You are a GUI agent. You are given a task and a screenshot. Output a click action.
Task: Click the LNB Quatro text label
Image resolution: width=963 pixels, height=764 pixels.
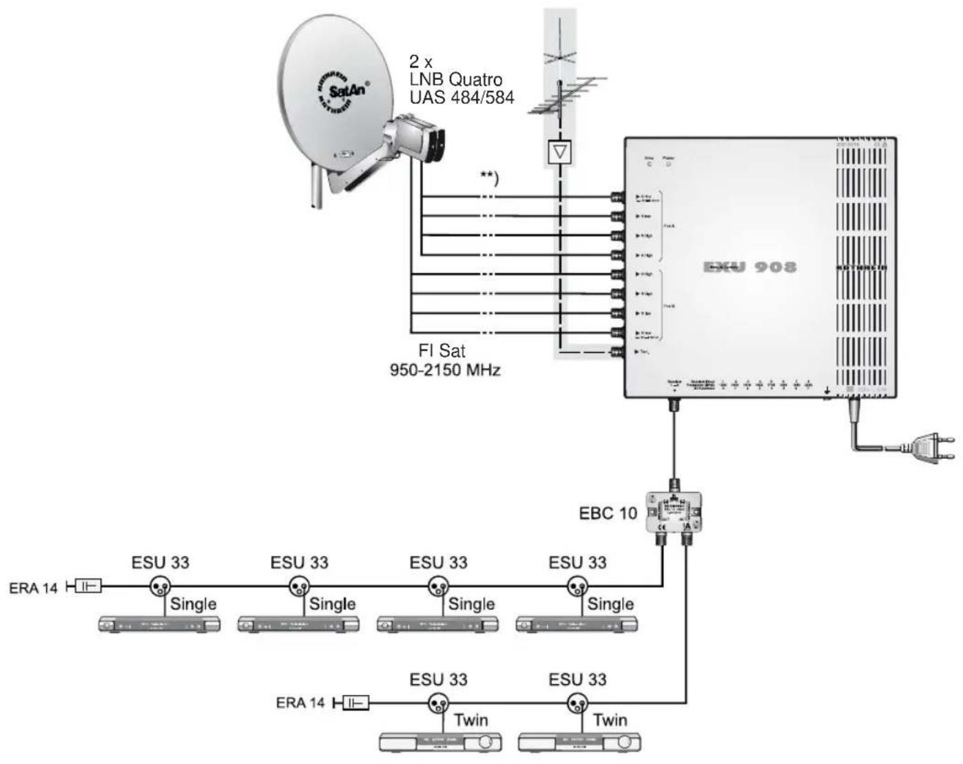coord(455,79)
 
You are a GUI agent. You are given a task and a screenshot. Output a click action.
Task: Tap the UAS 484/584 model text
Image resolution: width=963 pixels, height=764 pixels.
coord(462,97)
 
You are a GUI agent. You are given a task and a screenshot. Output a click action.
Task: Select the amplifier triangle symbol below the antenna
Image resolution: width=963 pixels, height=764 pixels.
coord(560,152)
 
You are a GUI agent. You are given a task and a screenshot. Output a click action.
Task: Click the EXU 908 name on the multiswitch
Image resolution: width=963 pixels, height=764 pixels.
coord(750,267)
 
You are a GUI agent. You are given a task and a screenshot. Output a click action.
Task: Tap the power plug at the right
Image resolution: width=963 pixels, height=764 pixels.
coord(930,447)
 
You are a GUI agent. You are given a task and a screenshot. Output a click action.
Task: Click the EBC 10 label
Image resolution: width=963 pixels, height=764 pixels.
coord(608,513)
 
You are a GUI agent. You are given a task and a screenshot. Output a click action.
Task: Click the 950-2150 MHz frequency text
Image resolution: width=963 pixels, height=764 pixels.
coord(445,370)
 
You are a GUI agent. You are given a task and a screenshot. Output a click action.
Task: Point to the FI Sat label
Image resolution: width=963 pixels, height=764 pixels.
coord(442,351)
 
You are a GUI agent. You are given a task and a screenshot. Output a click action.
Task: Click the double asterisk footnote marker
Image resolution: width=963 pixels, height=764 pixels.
coord(488,178)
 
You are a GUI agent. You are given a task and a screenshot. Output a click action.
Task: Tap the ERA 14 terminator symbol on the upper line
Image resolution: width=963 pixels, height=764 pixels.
coord(86,586)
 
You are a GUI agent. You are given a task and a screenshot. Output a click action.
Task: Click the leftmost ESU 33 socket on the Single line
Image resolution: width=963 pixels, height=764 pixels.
coord(160,586)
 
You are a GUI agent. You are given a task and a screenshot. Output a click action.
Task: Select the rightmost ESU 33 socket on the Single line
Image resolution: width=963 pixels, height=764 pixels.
coord(577,586)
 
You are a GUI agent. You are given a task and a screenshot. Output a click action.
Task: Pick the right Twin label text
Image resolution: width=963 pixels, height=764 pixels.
coord(610,720)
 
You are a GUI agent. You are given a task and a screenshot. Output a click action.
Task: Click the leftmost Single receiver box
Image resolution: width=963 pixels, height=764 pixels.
coord(159,624)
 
